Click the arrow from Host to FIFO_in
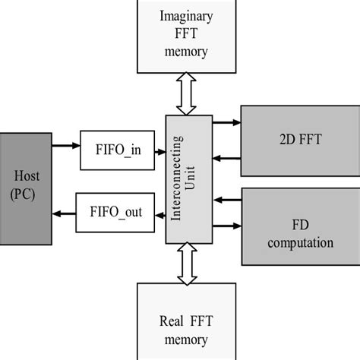pos(65,144)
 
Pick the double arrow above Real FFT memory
pos(186,266)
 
